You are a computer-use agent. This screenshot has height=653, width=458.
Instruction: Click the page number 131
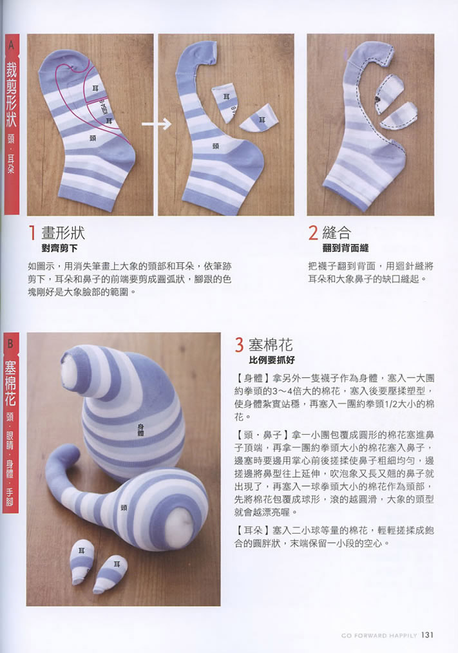point(427,635)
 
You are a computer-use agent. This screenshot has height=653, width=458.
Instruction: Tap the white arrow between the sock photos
point(157,124)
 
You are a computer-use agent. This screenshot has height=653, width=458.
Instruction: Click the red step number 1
point(32,232)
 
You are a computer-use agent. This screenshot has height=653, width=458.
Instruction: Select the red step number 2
point(313,232)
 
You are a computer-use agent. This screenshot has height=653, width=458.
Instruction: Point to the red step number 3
point(239,345)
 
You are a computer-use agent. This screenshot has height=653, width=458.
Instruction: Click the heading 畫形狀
point(63,232)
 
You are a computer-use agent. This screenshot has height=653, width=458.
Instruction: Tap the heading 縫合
point(337,232)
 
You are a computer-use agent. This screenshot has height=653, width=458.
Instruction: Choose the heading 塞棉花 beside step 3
point(271,345)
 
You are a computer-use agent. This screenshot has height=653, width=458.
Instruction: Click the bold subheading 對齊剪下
point(59,248)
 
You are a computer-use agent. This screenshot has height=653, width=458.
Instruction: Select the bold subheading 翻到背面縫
point(345,248)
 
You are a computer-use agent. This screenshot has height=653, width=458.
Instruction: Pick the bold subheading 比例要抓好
point(272,360)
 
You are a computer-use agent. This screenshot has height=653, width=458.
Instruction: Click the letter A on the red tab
point(11,44)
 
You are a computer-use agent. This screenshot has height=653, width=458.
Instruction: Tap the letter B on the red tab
point(10,344)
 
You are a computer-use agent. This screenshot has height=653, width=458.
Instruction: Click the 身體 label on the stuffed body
point(140,430)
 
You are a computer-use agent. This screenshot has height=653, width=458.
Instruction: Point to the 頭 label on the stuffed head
point(124,507)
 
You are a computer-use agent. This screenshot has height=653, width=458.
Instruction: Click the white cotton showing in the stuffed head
point(178,527)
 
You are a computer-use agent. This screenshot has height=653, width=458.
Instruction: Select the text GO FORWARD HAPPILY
point(379,636)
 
